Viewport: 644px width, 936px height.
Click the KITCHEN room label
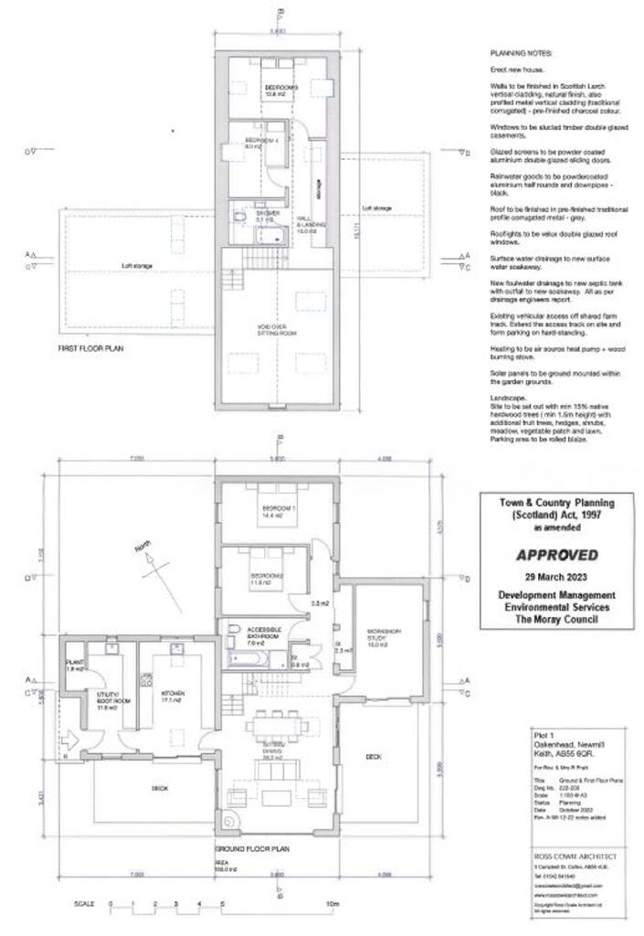click(174, 694)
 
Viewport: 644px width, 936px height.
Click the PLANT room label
click(75, 663)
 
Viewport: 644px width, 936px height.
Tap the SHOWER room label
click(265, 215)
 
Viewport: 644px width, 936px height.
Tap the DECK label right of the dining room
click(373, 756)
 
